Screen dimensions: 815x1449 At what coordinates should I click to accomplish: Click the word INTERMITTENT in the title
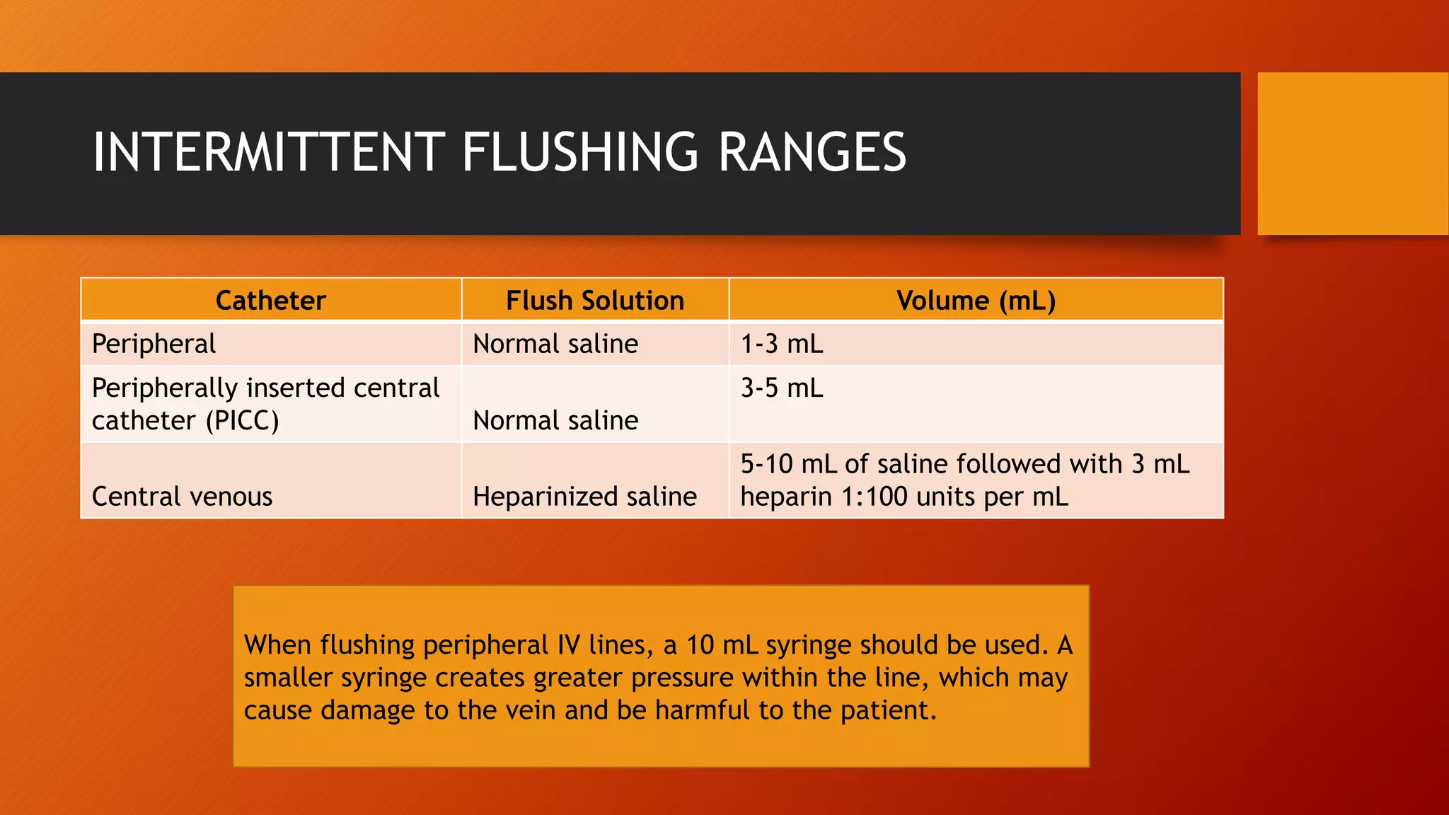pos(269,152)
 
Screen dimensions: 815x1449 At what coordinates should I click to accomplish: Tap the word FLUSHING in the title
pos(580,152)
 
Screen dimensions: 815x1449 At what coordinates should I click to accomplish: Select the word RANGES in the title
pos(812,152)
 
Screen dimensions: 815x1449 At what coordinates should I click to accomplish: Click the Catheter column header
pos(270,301)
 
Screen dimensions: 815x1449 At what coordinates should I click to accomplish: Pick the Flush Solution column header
pos(595,301)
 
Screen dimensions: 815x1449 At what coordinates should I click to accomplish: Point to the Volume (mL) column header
pos(976,301)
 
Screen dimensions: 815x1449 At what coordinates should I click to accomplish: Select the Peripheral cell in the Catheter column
pos(154,344)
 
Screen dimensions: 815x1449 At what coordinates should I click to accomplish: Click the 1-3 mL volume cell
pos(781,344)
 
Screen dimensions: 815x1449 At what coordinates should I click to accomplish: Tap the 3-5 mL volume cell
pos(781,388)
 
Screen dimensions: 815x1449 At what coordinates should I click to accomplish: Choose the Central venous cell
pos(182,497)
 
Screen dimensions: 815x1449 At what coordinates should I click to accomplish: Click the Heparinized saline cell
pos(584,497)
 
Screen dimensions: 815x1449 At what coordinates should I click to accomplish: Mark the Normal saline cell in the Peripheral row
pos(555,344)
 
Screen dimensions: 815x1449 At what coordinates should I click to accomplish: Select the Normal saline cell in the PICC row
pos(555,420)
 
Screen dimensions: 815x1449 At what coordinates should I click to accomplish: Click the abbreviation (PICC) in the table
pos(242,421)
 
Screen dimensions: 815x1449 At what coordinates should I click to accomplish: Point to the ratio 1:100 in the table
pos(867,497)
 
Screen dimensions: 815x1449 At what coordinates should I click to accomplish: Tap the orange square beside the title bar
pos(1352,154)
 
